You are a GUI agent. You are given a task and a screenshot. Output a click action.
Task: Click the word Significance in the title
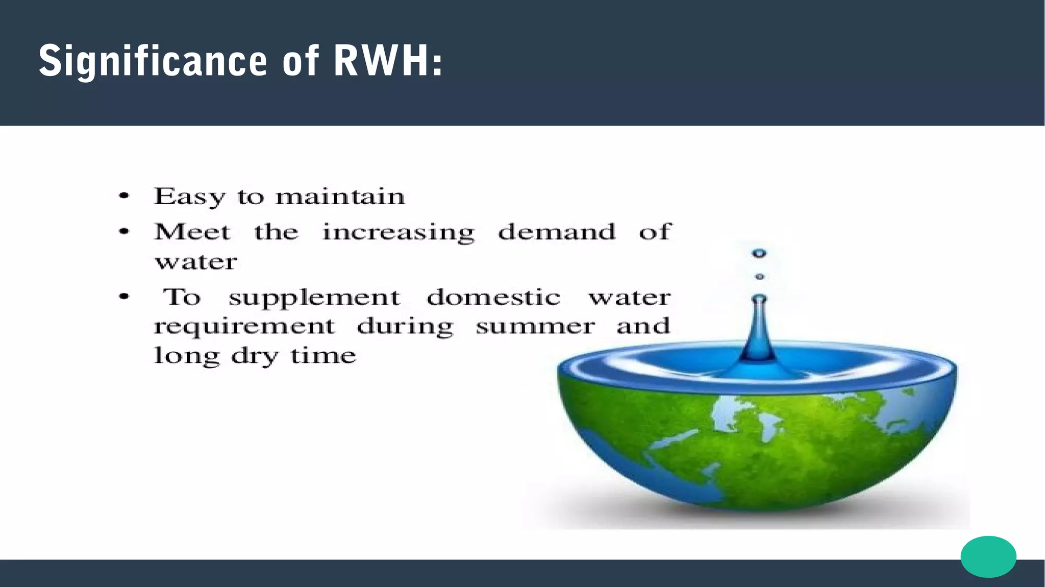tap(153, 61)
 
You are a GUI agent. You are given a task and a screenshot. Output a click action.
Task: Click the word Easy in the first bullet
tap(189, 197)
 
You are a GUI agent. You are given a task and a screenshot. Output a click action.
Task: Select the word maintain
tap(340, 197)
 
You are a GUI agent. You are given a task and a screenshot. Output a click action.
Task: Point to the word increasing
tap(399, 233)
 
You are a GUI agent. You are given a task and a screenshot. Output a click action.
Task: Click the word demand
tap(557, 232)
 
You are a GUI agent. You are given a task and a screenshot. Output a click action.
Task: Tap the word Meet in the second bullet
tap(192, 232)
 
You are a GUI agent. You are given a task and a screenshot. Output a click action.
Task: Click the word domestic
tap(493, 297)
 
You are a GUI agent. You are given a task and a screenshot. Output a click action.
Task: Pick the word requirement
tap(244, 327)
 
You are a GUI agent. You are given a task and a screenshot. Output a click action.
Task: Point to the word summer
tap(535, 327)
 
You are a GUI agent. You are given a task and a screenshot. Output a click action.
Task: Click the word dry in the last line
tap(255, 356)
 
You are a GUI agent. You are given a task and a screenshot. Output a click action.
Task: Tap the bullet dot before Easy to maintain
tap(124, 196)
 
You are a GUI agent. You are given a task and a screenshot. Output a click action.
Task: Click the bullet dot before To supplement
tap(124, 297)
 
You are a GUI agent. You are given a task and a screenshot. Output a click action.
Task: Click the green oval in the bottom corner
tap(988, 556)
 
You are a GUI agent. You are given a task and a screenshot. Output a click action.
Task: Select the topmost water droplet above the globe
tap(759, 253)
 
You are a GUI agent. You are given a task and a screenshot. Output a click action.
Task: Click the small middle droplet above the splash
tap(759, 277)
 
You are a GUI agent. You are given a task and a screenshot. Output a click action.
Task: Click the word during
tap(405, 327)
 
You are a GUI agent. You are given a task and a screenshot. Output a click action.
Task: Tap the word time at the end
tap(323, 355)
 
